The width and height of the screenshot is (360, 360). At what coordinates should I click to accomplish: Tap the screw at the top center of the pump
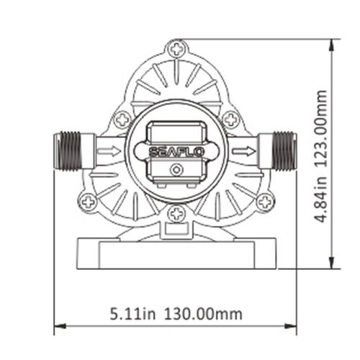pyautogui.click(x=176, y=50)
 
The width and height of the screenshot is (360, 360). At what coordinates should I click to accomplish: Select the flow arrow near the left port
pyautogui.click(x=109, y=151)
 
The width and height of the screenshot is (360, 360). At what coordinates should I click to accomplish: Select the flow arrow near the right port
pyautogui.click(x=244, y=151)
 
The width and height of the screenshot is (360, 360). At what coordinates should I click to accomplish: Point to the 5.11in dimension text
pyautogui.click(x=134, y=314)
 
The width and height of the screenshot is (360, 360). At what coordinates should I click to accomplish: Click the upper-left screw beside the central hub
pyautogui.click(x=122, y=119)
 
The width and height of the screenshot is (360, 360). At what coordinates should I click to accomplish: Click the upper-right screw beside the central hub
pyautogui.click(x=230, y=119)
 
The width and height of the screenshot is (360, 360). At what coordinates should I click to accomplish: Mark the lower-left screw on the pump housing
pyautogui.click(x=89, y=202)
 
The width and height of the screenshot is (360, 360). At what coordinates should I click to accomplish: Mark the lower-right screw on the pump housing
pyautogui.click(x=264, y=202)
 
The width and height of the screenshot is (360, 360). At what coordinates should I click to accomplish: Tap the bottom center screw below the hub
pyautogui.click(x=176, y=214)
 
